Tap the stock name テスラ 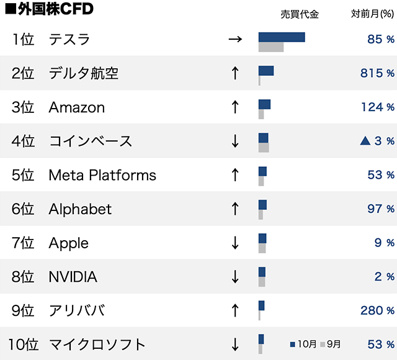69,40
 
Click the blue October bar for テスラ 282,37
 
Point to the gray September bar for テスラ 271,47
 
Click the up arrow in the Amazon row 234,107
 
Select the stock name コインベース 91,141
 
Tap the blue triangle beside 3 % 365,141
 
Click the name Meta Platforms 102,175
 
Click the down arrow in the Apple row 234,243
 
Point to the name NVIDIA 73,277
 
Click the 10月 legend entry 303,343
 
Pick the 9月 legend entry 331,343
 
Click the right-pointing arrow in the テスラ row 234,40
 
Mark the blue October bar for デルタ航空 266,71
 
